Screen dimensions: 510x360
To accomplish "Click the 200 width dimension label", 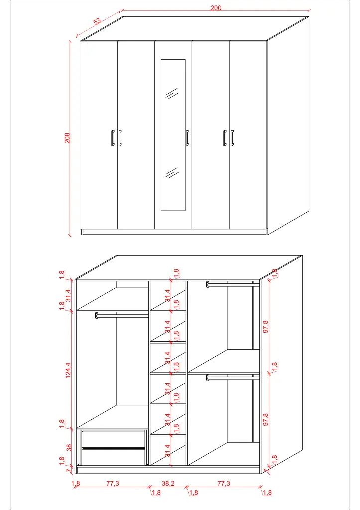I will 215,8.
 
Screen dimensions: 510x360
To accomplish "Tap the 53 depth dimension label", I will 97,21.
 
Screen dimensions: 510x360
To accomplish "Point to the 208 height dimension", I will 68,138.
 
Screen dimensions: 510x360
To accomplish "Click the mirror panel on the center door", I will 173,134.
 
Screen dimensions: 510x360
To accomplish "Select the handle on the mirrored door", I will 187,138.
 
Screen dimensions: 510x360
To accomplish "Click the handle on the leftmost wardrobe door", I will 113,138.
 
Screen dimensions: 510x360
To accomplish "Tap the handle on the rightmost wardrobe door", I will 232,138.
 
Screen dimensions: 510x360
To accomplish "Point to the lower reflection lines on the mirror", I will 172,173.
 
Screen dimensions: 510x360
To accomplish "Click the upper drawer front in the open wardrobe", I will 114,439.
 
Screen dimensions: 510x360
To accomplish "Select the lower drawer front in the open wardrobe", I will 114,456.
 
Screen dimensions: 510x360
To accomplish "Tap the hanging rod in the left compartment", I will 122,315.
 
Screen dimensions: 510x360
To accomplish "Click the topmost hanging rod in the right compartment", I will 233,284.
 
